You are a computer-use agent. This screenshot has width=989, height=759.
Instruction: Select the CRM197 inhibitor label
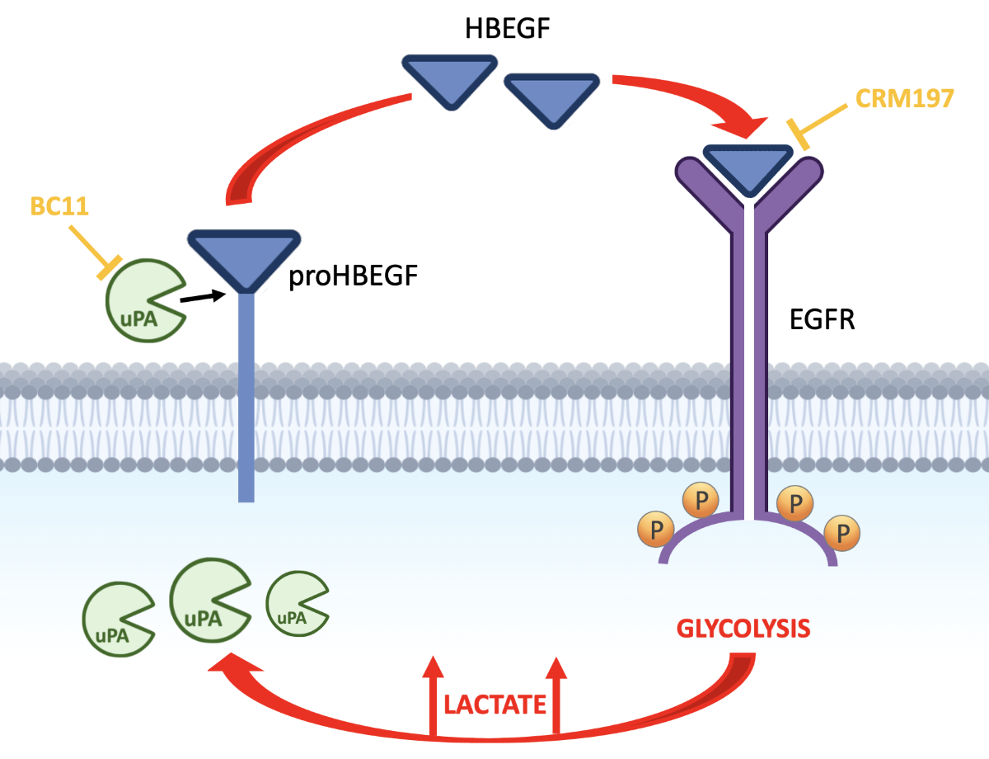tap(904, 98)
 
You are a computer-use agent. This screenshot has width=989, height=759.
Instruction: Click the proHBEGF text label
tap(353, 277)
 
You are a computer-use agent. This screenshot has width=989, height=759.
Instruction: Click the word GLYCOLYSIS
tap(743, 629)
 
